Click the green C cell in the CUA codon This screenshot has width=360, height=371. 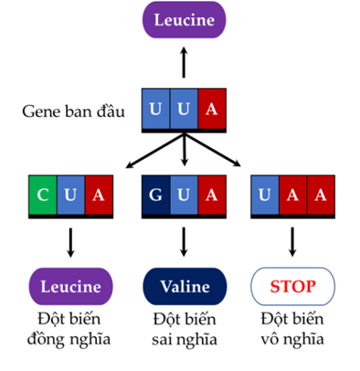tap(42, 194)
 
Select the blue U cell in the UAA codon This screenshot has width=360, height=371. tap(265, 194)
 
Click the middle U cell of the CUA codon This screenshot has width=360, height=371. tap(69, 194)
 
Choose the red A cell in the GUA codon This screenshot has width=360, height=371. tap(212, 194)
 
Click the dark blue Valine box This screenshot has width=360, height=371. tap(185, 285)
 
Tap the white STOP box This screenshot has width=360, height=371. tap(292, 285)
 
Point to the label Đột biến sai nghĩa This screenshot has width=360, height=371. tap(185, 326)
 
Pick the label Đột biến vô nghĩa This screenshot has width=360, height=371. tap(292, 326)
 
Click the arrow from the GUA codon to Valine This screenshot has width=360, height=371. tap(185, 241)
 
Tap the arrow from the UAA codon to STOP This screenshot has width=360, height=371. tap(292, 241)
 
